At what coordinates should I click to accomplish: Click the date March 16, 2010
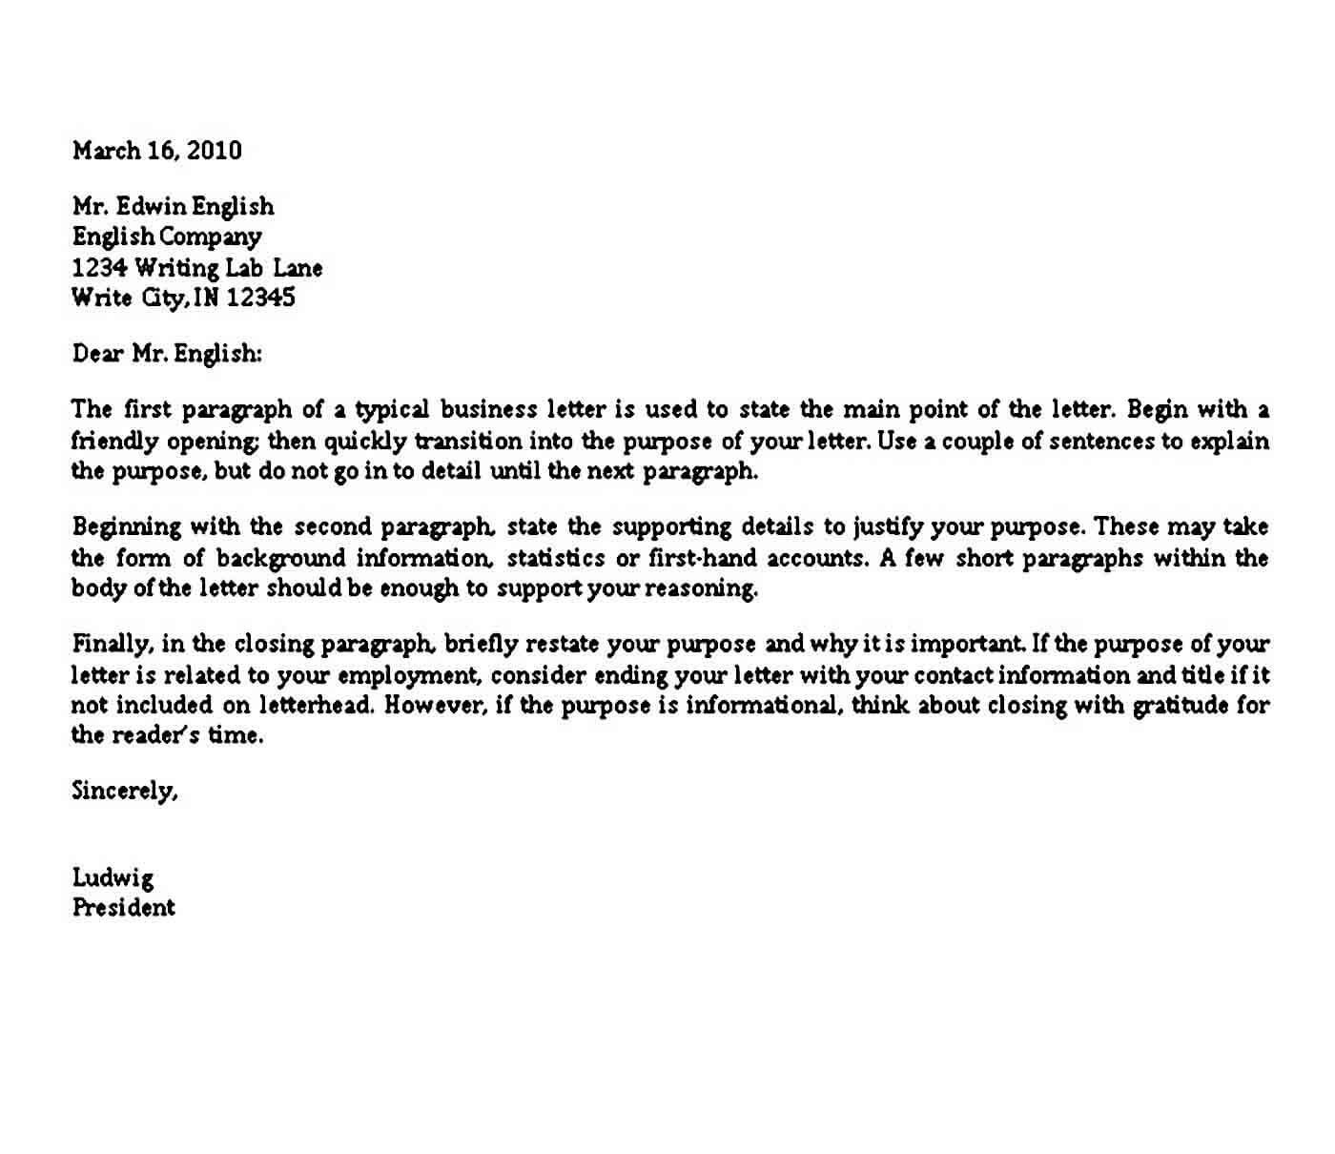pos(157,151)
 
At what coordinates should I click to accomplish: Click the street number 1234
pos(100,268)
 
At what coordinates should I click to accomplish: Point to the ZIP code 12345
pos(261,298)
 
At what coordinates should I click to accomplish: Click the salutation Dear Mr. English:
pos(167,354)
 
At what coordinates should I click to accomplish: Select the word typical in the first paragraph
pos(392,411)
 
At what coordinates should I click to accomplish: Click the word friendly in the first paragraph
pos(114,442)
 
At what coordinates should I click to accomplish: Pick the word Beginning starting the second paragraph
pos(127,527)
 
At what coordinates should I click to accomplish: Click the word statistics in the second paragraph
pos(556,558)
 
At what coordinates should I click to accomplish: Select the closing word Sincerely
pos(124,791)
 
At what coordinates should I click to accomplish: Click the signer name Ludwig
pos(113,878)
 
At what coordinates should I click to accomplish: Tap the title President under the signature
pos(124,907)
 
